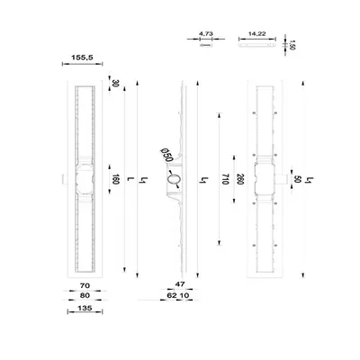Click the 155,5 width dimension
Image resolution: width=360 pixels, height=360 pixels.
click(82, 58)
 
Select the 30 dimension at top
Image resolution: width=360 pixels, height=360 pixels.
click(115, 83)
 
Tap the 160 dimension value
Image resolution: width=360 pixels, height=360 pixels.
click(115, 179)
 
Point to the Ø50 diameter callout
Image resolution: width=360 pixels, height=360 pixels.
click(166, 155)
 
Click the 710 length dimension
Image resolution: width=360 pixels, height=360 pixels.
click(226, 179)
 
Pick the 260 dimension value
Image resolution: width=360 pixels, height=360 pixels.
click(239, 179)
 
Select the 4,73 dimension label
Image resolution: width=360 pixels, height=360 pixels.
click(206, 34)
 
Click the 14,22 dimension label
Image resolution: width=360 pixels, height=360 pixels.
click(257, 34)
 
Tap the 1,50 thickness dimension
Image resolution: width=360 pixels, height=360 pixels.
click(292, 45)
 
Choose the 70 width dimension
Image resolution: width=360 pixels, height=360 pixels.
click(85, 285)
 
